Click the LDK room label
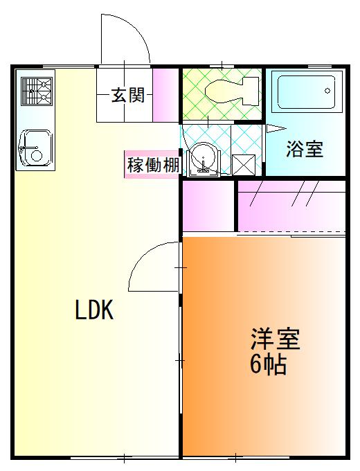pyautogui.click(x=94, y=311)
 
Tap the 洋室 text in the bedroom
pyautogui.click(x=275, y=340)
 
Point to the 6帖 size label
pyautogui.click(x=268, y=364)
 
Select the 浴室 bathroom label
pyautogui.click(x=305, y=149)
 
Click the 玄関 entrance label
pyautogui.click(x=128, y=96)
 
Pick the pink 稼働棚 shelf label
pyautogui.click(x=153, y=166)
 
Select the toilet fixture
pyautogui.click(x=223, y=89)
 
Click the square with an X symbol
pyautogui.click(x=244, y=165)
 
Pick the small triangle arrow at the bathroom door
pyautogui.click(x=273, y=128)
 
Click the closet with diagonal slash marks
pyautogui.click(x=291, y=205)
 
